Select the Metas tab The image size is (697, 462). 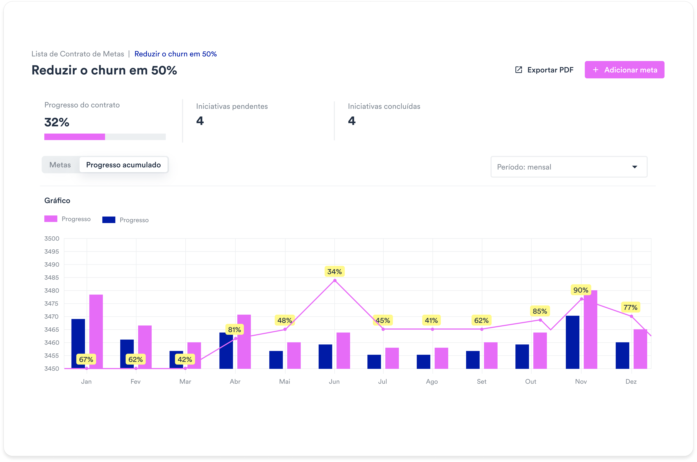pos(60,165)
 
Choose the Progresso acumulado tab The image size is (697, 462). pos(124,165)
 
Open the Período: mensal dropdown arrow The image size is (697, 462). pos(634,167)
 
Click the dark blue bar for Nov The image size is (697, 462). pos(572,342)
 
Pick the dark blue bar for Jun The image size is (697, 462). pos(325,357)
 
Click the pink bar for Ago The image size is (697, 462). pos(441,358)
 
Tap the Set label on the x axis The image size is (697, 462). pos(482,382)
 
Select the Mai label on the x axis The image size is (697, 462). pos(285,382)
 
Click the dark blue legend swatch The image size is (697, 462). pos(109,220)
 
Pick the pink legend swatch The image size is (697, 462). pos(51,219)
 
